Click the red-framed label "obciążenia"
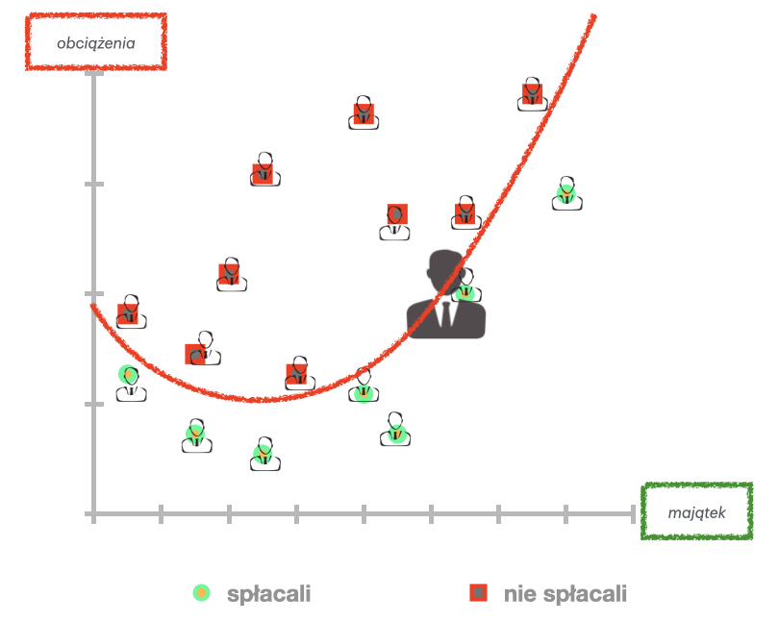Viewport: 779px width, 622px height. [95, 42]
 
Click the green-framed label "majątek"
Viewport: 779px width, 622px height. [696, 512]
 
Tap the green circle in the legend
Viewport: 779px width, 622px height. [200, 593]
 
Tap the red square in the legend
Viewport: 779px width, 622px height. [478, 593]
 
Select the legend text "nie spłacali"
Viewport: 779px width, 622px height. [565, 594]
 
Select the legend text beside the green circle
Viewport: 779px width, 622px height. [269, 594]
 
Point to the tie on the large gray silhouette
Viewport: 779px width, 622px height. [446, 310]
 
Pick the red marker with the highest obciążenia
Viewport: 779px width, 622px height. [533, 93]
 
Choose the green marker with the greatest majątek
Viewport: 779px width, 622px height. [566, 194]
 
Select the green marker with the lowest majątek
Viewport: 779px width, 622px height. [128, 375]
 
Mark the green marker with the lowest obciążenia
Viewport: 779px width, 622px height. [263, 452]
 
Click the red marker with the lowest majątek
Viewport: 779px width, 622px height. [128, 312]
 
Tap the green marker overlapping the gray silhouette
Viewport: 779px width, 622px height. [465, 292]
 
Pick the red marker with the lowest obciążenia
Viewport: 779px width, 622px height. [296, 372]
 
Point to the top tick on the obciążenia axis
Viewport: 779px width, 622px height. [93, 74]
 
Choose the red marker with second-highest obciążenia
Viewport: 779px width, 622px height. [363, 113]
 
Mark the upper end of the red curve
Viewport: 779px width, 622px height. [593, 15]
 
